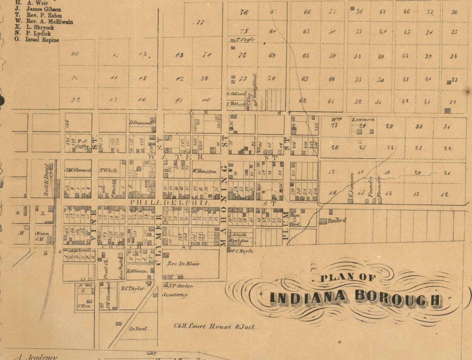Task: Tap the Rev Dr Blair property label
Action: coord(183,264)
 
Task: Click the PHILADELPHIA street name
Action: coord(170,202)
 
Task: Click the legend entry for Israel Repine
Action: coord(42,40)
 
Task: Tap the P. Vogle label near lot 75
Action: coord(245,40)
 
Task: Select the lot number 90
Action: coord(75,54)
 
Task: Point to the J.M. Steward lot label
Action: coord(78,170)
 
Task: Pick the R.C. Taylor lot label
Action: coord(133,288)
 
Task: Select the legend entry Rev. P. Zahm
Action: coord(44,15)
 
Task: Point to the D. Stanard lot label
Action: coord(141,123)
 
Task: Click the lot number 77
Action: coord(201,23)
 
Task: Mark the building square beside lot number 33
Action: coord(449,82)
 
